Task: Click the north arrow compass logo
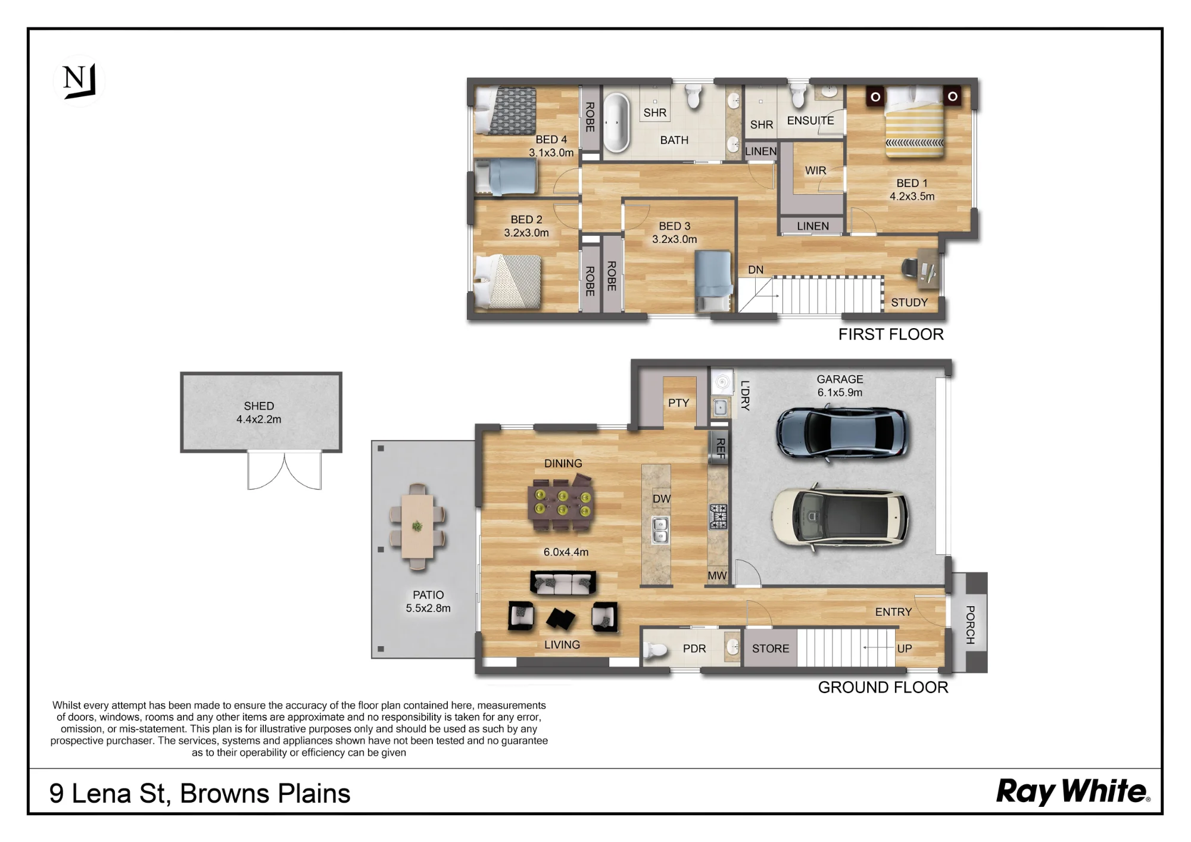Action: coord(79,81)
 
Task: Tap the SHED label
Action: coord(259,406)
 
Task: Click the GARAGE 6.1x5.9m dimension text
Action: coord(840,386)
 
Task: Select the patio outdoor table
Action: coord(417,526)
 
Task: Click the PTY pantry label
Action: coord(678,403)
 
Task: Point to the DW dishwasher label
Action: coord(662,499)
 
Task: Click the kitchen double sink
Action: coord(660,529)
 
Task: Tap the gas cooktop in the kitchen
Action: coord(718,517)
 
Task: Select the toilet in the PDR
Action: coord(654,651)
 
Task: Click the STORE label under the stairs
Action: coord(771,648)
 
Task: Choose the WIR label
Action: coord(815,170)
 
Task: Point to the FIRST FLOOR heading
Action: coord(891,335)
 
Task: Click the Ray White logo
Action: coord(1073,792)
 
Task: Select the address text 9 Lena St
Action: coord(110,794)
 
